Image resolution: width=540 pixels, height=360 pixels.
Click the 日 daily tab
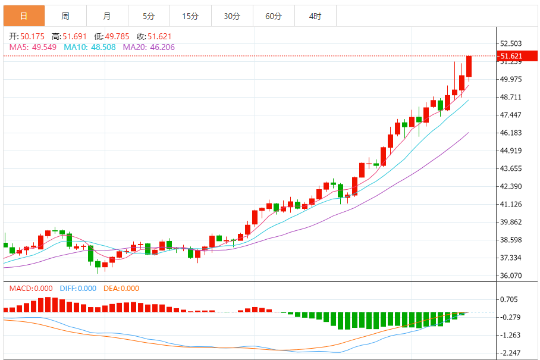pos(23,16)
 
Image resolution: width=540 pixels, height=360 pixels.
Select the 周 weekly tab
pos(65,16)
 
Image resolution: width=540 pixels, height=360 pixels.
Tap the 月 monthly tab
pos(106,16)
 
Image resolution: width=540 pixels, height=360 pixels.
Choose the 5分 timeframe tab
pos(149,16)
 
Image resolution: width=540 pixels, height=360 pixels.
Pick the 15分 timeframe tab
pos(190,16)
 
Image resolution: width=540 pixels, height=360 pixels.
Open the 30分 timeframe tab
pos(232,16)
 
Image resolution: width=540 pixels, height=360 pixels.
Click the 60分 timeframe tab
pos(274,16)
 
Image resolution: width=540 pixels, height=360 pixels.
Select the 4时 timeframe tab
pos(315,16)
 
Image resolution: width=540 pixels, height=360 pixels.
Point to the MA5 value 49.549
pos(45,46)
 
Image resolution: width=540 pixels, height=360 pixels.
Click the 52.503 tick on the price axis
pos(511,43)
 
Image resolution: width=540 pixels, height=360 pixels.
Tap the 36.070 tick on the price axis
pos(511,276)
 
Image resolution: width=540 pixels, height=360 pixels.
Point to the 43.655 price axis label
pos(511,168)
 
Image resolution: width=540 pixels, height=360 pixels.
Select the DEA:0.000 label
pos(121,289)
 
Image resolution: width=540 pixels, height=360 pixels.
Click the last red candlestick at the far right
pos(469,67)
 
